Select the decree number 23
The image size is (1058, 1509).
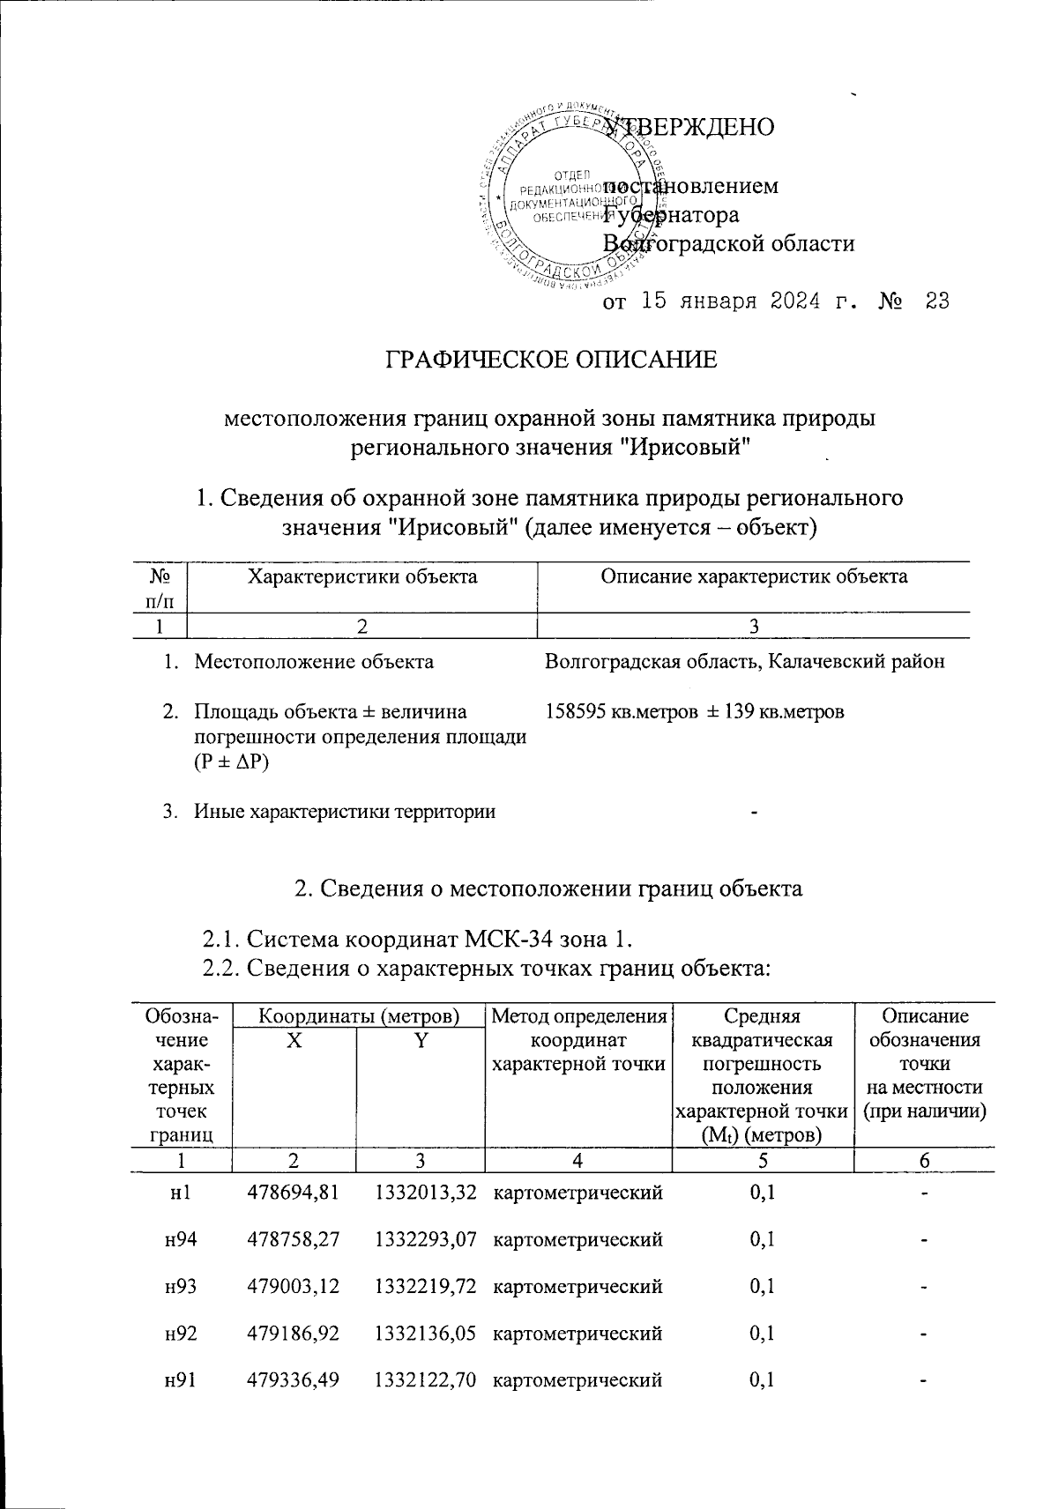(x=937, y=302)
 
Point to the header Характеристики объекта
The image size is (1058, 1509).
(x=362, y=577)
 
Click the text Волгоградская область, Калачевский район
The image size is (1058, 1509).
(x=745, y=661)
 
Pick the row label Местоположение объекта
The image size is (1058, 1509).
(x=313, y=661)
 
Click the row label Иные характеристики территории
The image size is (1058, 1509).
(x=344, y=812)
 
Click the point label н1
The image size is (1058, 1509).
(x=181, y=1193)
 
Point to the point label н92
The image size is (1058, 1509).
(x=181, y=1334)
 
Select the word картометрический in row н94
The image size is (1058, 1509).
(x=577, y=1240)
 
